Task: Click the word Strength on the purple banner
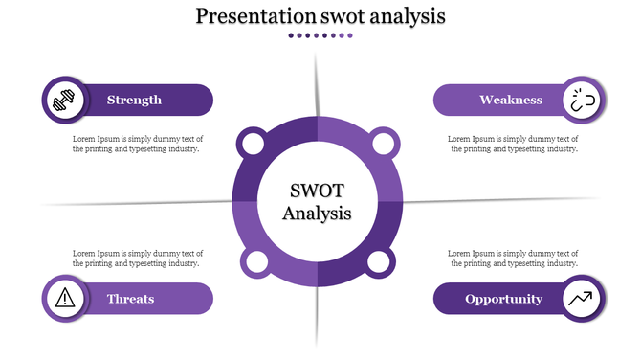[x=134, y=100]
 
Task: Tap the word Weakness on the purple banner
[x=511, y=100]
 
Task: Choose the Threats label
[x=131, y=299]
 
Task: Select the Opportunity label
[x=504, y=299]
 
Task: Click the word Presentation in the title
[x=254, y=16]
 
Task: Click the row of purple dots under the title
[x=320, y=35]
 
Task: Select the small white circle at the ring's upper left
[x=254, y=146]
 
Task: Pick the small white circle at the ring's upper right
[x=382, y=146]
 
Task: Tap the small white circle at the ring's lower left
[x=255, y=262]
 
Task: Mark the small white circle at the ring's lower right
[x=380, y=262]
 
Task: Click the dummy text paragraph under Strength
[x=138, y=144]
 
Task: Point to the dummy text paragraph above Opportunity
[x=514, y=258]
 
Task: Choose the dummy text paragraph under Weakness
[x=514, y=144]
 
